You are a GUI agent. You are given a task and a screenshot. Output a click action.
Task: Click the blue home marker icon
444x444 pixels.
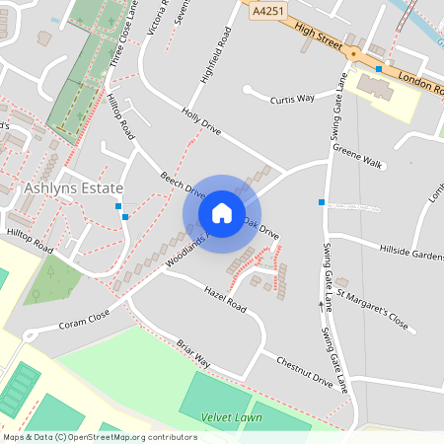coord(222,212)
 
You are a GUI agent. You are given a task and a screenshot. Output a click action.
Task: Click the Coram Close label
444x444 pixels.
coord(84,321)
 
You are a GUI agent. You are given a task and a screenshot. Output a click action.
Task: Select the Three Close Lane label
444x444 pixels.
coord(121,32)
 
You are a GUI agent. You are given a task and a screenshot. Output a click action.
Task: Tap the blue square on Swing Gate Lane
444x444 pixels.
coord(321,202)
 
